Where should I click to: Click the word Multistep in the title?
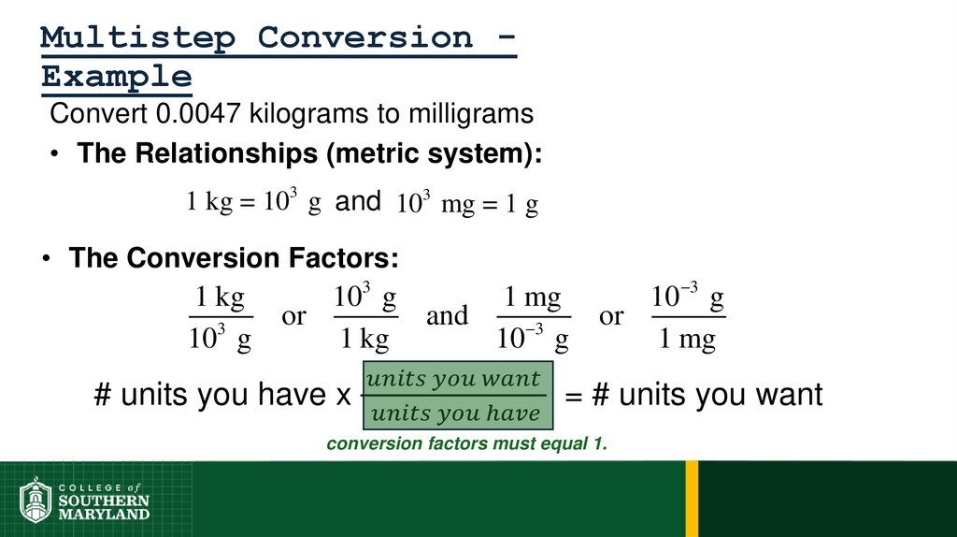point(139,38)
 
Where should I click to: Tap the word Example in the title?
point(116,77)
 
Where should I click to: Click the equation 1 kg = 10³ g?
point(254,203)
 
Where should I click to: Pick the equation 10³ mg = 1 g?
point(467,204)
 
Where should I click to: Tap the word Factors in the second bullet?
point(345,257)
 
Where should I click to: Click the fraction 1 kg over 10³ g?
point(221,318)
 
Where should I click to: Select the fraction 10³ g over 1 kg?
point(365,318)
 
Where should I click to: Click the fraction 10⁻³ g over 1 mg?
point(688,318)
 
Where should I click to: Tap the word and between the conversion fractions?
point(447,317)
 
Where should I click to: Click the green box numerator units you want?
point(453,379)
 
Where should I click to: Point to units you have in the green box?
point(453,413)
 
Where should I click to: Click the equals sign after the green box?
point(574,396)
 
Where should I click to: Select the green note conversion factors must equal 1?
point(466,444)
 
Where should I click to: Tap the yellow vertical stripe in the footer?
point(692,499)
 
